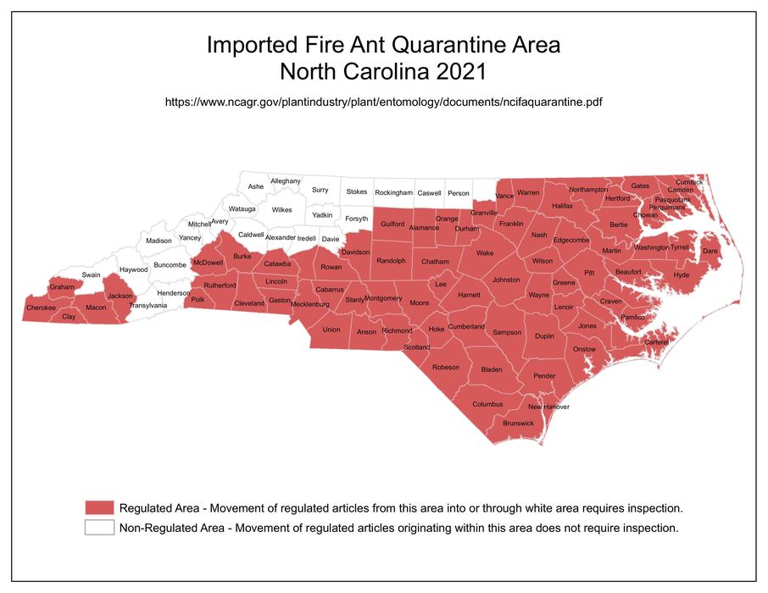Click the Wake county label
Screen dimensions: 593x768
[484, 253]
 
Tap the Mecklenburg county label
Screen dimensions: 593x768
[309, 303]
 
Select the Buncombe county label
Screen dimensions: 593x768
[169, 264]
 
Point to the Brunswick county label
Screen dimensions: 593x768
[518, 423]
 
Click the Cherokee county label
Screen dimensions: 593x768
[41, 308]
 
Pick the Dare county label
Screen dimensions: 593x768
[710, 251]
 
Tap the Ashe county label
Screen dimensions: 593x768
[255, 186]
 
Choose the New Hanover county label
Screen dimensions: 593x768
[549, 407]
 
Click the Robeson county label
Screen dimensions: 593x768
[446, 367]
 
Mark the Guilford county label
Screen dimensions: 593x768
[392, 224]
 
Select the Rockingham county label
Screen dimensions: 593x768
[392, 192]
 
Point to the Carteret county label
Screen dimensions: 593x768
[656, 341]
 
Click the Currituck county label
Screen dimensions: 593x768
[689, 181]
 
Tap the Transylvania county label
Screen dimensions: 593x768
[147, 305]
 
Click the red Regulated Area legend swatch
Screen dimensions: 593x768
[99, 507]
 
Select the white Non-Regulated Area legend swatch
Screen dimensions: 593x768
[99, 527]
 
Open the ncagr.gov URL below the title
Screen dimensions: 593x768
[383, 102]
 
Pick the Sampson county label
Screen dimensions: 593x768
[507, 332]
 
